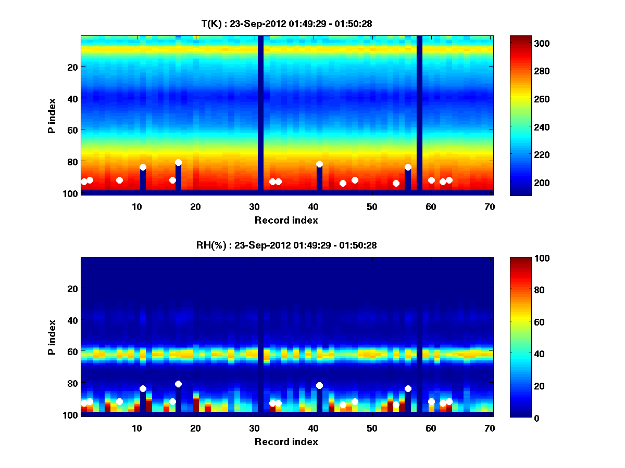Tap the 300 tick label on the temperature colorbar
click(527, 43)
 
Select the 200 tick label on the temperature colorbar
click(527, 183)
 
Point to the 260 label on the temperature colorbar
click(527, 99)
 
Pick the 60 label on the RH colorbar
click(523, 322)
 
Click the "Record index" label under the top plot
click(286, 220)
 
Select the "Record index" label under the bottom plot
click(286, 441)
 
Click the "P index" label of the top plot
click(52, 114)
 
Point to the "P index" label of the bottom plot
click(52, 336)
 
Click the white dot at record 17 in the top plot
click(178, 163)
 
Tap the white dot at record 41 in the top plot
click(319, 164)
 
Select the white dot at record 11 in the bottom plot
click(143, 389)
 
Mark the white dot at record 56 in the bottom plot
click(408, 389)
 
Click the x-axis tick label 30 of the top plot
click(254, 206)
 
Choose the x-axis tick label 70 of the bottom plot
click(490, 428)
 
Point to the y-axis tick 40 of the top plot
click(72, 98)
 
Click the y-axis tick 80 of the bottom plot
click(72, 384)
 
